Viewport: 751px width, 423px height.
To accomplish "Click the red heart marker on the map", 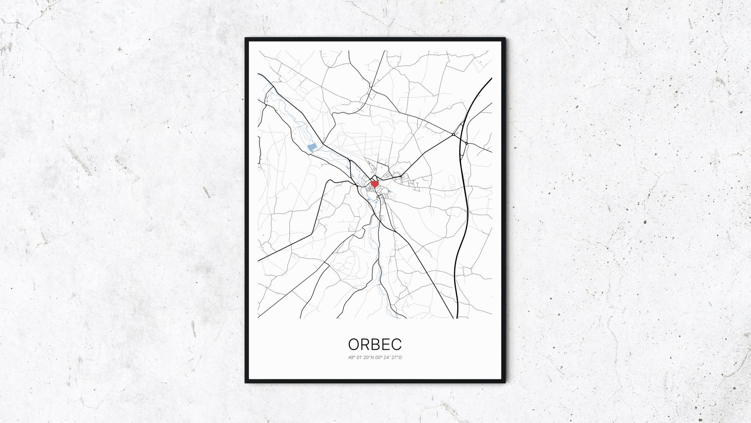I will click(375, 183).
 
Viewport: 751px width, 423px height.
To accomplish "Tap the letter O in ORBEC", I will click(354, 345).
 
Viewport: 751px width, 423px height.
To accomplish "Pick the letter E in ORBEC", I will click(386, 345).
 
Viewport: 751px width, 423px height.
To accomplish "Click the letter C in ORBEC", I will click(396, 345).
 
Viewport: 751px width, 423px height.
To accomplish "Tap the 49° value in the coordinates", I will click(351, 358).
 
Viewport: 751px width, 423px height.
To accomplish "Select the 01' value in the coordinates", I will click(359, 358).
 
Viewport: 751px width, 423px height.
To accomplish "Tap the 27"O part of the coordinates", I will click(397, 358).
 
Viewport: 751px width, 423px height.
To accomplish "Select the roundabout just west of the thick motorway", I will click(453, 134).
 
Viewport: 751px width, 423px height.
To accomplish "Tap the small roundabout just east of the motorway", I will click(467, 143).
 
